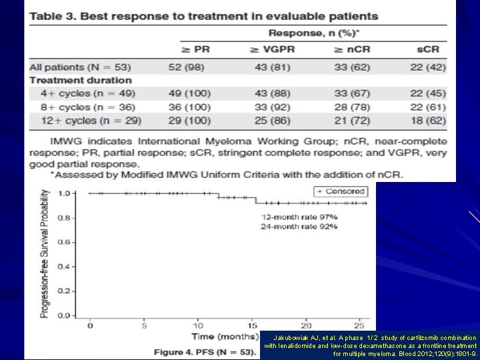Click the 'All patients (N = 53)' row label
pos(81,67)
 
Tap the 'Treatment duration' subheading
pos(81,80)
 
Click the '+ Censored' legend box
pos(340,191)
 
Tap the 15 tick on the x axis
pos(252,325)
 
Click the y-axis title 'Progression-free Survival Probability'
pos(44,253)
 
